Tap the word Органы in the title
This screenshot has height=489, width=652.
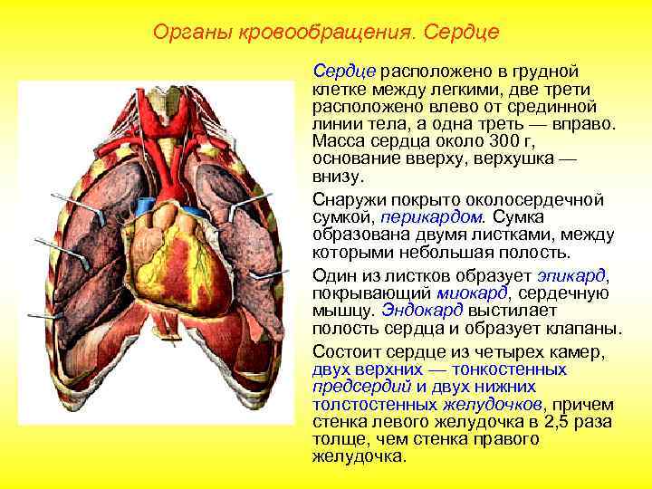point(186,34)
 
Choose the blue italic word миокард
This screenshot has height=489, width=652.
point(472,292)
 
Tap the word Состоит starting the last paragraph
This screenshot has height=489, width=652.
point(344,352)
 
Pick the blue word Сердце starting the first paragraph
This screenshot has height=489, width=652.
point(344,71)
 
